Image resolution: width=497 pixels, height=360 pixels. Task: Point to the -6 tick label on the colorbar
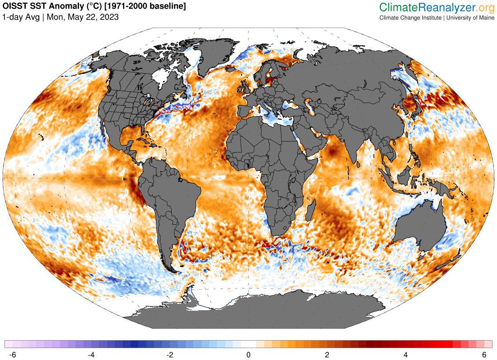[x=13, y=354]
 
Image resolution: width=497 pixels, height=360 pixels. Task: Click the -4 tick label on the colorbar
[x=92, y=354]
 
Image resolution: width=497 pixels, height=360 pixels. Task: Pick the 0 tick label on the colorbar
[x=248, y=354]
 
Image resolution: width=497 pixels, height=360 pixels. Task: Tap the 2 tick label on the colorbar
[x=327, y=354]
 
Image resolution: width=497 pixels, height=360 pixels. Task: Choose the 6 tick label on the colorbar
[x=484, y=354]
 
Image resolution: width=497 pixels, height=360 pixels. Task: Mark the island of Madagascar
[x=310, y=212]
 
